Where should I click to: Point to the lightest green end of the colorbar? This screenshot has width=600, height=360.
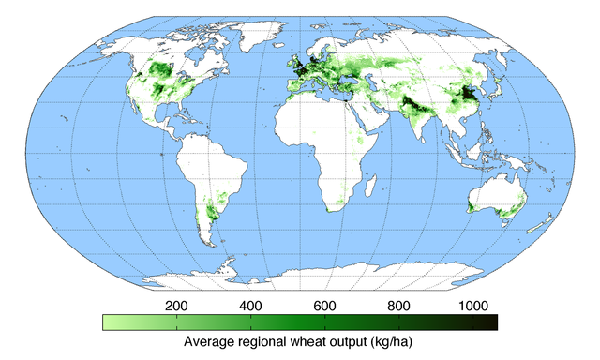107,322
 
